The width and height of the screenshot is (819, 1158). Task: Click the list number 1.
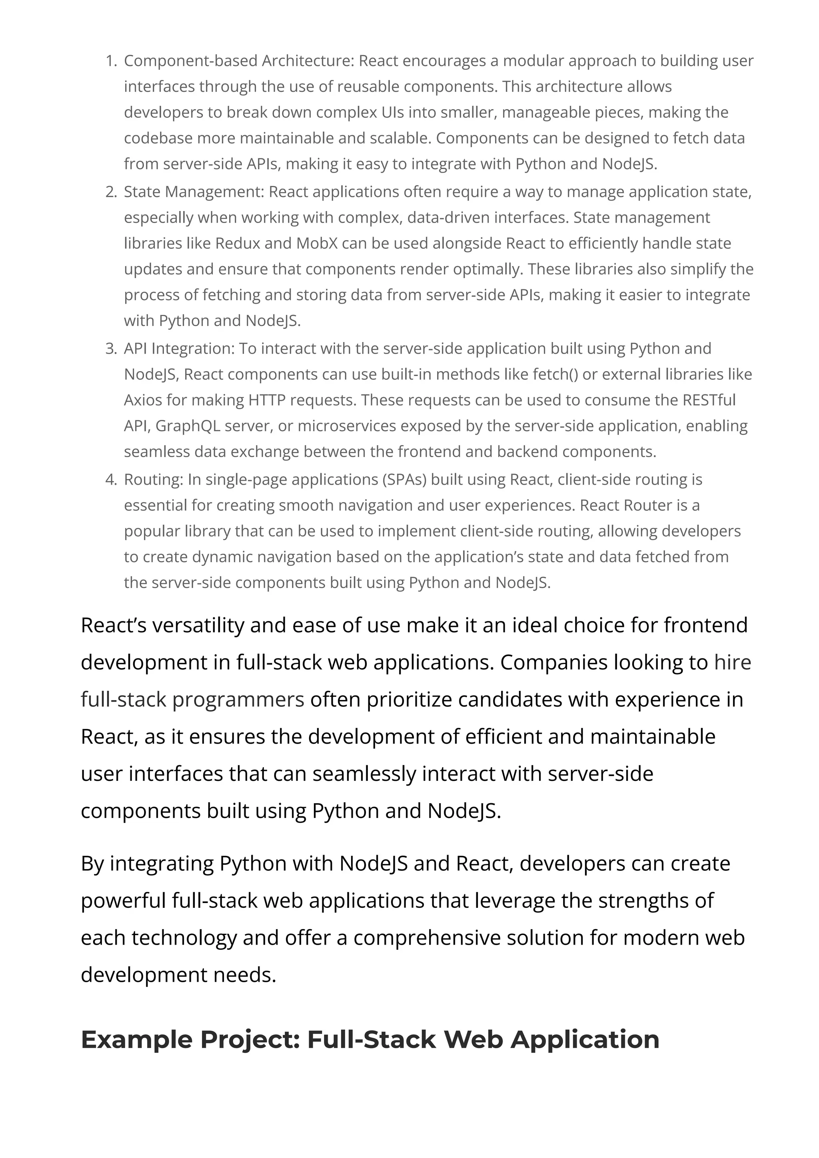[x=110, y=61]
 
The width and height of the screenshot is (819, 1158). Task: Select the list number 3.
[x=110, y=348]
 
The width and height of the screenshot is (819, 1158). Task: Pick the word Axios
[x=143, y=400]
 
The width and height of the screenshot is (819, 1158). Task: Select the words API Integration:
[x=179, y=348]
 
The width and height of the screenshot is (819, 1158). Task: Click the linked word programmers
[x=238, y=700]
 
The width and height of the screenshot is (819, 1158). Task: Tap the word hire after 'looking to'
[x=732, y=662]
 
